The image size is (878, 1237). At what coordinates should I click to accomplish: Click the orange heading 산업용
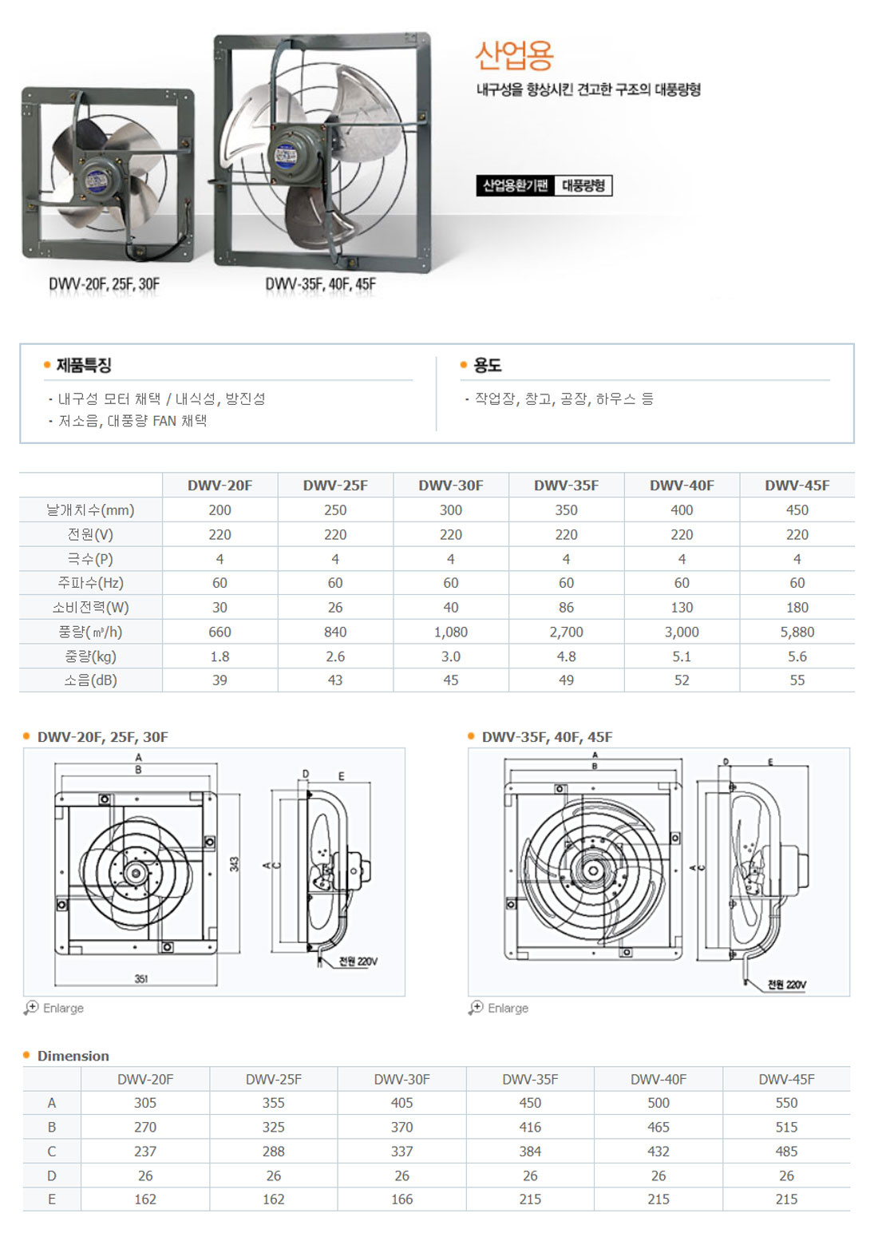click(x=514, y=57)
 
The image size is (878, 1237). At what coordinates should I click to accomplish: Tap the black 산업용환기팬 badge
click(x=515, y=185)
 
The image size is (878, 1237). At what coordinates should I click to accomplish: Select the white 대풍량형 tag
click(x=583, y=185)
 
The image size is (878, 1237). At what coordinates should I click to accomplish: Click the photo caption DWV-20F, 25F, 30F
click(x=105, y=283)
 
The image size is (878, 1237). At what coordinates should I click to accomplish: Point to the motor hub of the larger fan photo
click(x=291, y=155)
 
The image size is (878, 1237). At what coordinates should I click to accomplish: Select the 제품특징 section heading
click(x=84, y=365)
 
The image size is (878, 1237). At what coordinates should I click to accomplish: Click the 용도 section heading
click(x=487, y=365)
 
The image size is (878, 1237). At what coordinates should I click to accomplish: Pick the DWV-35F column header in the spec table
click(x=566, y=486)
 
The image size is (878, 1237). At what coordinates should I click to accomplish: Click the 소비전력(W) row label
click(x=90, y=608)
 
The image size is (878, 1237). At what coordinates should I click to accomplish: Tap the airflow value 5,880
click(x=797, y=632)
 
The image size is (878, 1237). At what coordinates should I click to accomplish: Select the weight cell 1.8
click(x=219, y=656)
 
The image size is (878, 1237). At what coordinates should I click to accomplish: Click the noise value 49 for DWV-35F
click(x=566, y=680)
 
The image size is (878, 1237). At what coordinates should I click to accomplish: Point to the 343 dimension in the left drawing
click(x=235, y=864)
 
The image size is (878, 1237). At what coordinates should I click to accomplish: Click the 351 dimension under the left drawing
click(x=141, y=978)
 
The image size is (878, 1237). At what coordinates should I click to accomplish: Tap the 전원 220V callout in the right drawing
click(x=787, y=984)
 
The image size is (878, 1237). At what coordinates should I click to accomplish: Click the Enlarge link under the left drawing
click(x=64, y=1008)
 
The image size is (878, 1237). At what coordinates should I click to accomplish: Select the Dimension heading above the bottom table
click(x=73, y=1056)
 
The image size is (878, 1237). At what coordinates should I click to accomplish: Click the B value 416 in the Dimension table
click(x=530, y=1127)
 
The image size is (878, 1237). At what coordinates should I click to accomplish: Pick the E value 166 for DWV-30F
click(x=401, y=1199)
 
